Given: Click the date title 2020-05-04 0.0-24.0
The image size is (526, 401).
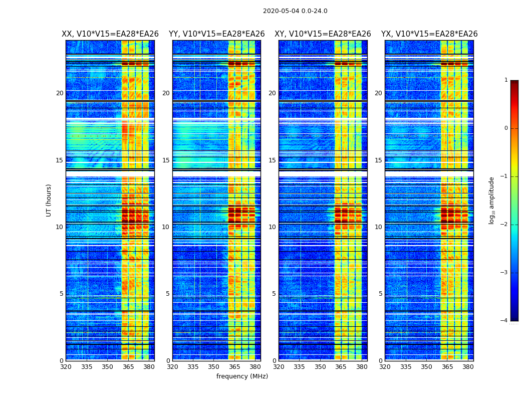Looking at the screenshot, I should pos(295,11).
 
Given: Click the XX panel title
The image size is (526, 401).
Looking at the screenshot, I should pos(110,34).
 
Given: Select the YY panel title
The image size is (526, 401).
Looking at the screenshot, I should pos(216,34).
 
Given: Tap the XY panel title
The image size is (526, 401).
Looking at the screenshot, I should pos(323,34).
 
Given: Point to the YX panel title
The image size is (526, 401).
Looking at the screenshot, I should pos(429,34).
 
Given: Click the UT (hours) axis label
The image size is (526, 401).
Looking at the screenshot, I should pos(49,200).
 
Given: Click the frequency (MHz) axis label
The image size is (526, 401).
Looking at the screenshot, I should pos(242,376).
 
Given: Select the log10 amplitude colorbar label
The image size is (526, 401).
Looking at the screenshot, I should pos(492,200).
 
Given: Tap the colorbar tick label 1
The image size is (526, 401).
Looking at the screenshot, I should pos(506,80).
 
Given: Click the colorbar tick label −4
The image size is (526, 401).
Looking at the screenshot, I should pos(504,321).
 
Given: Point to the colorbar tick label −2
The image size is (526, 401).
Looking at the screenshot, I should pos(504,225).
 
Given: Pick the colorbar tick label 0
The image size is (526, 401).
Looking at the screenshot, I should pos(506,128).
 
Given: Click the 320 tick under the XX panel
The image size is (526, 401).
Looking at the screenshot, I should pos(66,367).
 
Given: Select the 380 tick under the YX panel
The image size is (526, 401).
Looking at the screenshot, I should pos(468,367).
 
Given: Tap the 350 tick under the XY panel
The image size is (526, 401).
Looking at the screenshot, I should pos(320,367).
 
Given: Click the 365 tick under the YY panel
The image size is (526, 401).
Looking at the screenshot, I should pos(234,367).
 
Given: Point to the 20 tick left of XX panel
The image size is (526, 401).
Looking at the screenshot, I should pos(60,93).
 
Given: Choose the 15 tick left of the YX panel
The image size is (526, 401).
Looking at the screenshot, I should pos(379,160).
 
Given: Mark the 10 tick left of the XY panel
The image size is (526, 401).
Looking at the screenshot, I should pos(272,227).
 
